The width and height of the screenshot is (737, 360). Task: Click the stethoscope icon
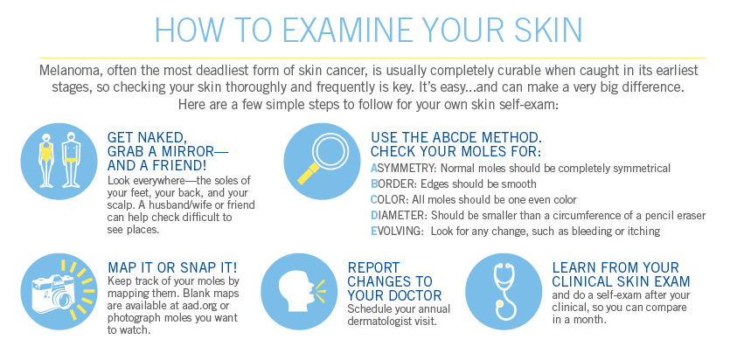(x=503, y=291)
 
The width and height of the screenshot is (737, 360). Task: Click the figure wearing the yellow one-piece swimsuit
(x=46, y=160)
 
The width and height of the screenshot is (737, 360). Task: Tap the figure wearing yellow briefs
(x=71, y=160)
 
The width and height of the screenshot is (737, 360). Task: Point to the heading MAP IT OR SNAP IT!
(x=172, y=268)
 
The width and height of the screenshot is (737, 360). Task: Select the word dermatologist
(x=378, y=322)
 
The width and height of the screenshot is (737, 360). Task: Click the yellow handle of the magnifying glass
(x=308, y=175)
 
